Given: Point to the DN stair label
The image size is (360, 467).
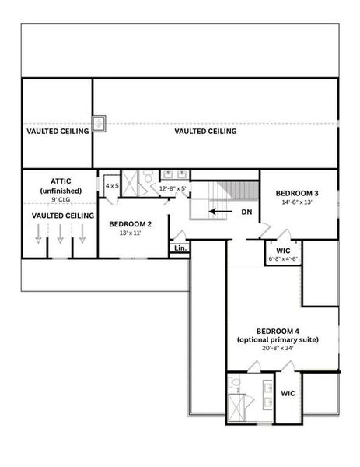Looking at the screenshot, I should pos(246,211).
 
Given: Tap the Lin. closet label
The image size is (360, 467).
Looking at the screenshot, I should pos(180,248).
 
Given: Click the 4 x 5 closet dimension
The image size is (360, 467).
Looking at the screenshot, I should pos(113,186).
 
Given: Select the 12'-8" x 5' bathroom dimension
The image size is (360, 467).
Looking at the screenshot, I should pos(173,188).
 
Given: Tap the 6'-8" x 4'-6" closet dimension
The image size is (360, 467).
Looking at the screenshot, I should pos(283,258).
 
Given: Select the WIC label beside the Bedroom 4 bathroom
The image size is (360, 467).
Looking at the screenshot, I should pos(288,394).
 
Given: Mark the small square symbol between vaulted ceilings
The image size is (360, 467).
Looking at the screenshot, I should pos(100,123).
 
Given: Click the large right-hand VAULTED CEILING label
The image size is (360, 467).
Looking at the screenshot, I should pos(205,132).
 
